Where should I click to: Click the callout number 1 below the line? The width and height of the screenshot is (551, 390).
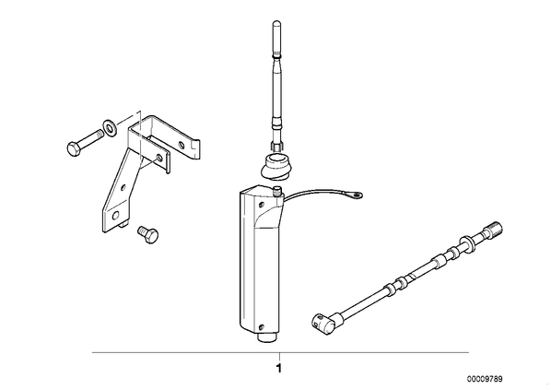279,369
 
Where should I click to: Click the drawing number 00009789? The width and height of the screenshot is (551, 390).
485,379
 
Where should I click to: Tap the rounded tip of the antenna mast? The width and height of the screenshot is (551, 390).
276,23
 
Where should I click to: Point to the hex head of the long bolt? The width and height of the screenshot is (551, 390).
74,148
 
